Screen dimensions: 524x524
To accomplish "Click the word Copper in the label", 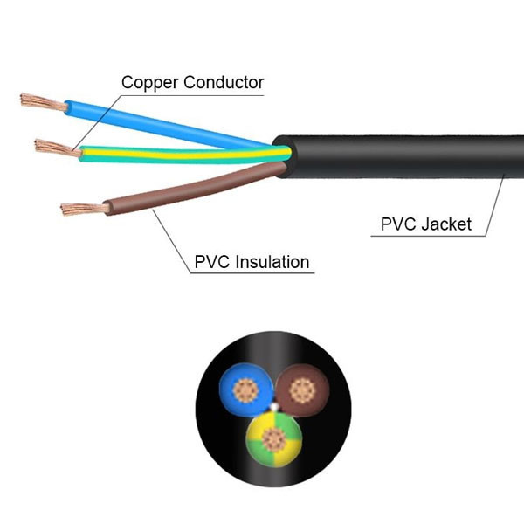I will [148, 83].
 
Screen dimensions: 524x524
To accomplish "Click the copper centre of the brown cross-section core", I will [305, 386].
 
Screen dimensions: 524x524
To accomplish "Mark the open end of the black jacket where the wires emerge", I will [283, 156].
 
